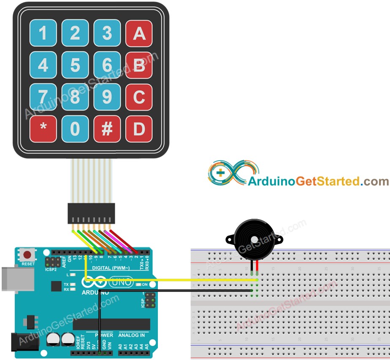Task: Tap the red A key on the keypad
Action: click(139, 33)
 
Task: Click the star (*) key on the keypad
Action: click(43, 129)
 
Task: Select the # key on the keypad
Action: click(107, 129)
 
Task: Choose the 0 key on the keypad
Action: click(75, 129)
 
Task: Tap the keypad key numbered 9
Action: click(107, 97)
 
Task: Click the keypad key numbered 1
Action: click(43, 33)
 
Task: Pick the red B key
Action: click(139, 65)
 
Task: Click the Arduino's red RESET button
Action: click(28, 255)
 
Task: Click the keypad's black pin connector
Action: click(91, 213)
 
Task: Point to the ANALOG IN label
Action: click(131, 335)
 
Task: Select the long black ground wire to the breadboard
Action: click(177, 290)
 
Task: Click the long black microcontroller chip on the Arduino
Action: click(111, 324)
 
